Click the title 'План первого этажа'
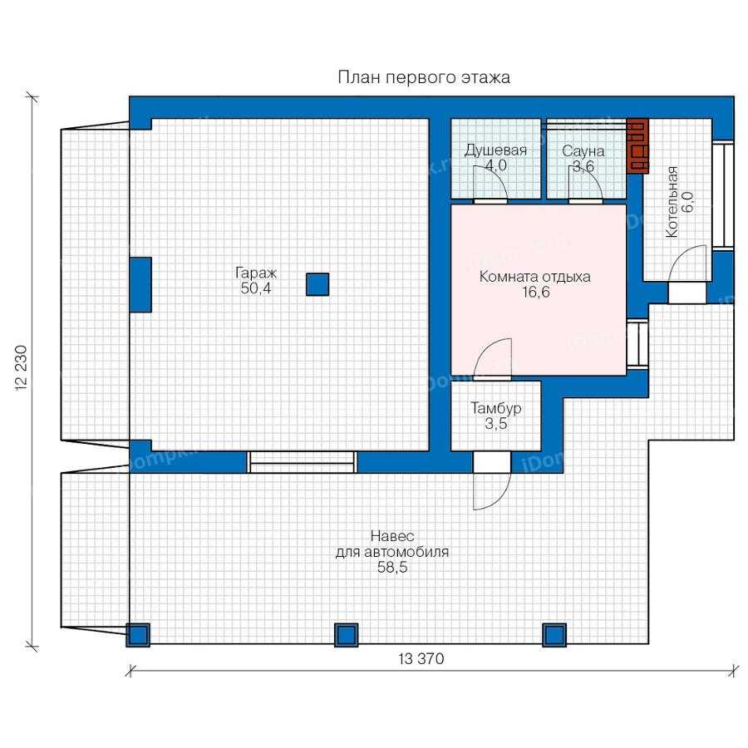click(x=424, y=77)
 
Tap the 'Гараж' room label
click(x=256, y=273)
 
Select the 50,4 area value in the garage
click(x=256, y=288)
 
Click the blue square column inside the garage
click(x=317, y=284)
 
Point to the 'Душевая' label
click(x=495, y=150)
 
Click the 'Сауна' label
click(x=583, y=151)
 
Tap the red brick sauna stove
click(x=637, y=145)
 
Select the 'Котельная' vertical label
click(x=672, y=202)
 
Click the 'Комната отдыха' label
click(x=534, y=277)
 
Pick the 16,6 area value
click(x=536, y=292)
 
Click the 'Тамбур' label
click(x=496, y=408)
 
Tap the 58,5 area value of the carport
click(x=392, y=568)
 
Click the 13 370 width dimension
click(x=421, y=659)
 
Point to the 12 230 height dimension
click(x=21, y=368)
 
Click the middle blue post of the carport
click(x=346, y=635)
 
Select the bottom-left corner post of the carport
click(x=138, y=635)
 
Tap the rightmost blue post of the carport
click(x=554, y=635)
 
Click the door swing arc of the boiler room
click(x=682, y=255)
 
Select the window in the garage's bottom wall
click(x=302, y=462)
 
